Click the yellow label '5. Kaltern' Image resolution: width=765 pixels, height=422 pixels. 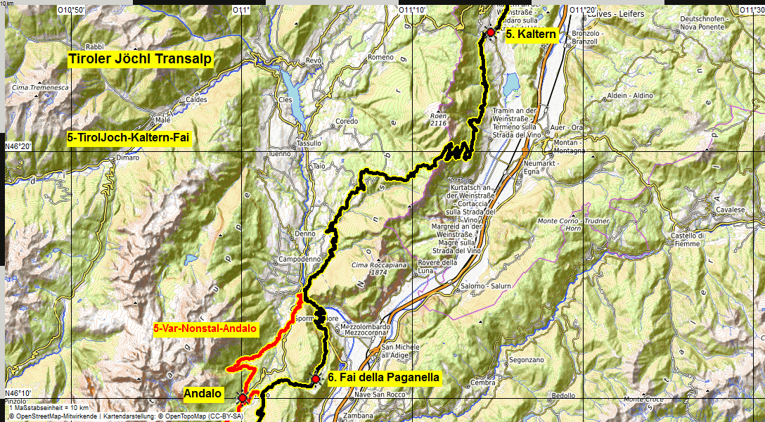[531, 34]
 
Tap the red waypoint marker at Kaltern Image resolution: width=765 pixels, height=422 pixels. [490, 32]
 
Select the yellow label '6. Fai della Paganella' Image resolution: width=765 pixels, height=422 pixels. [384, 378]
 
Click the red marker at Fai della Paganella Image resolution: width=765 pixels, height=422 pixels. [316, 379]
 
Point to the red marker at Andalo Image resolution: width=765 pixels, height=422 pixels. [243, 398]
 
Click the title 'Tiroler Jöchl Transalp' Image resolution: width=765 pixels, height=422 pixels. [140, 59]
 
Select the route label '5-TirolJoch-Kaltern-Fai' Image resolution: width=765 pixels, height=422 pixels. [129, 139]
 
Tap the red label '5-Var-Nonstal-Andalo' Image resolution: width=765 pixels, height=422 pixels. [205, 328]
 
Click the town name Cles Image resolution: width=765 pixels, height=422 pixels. [285, 100]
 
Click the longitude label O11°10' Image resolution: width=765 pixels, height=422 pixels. [412, 10]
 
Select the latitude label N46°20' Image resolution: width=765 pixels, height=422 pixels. [19, 146]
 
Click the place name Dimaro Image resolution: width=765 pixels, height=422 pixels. [128, 158]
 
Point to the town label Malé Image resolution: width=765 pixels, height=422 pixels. [163, 120]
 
